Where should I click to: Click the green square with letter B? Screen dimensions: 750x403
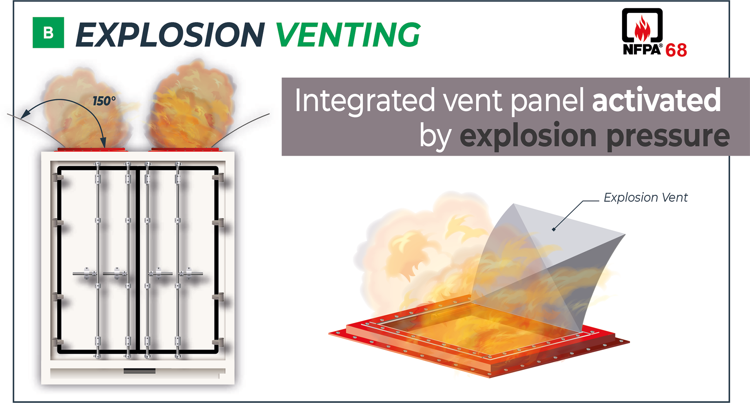pyautogui.click(x=48, y=33)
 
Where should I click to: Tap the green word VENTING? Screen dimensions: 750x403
pyautogui.click(x=348, y=35)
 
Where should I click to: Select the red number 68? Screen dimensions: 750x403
pyautogui.click(x=676, y=50)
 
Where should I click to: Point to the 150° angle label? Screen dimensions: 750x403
pyautogui.click(x=104, y=101)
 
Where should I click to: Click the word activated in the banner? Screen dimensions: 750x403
pyautogui.click(x=656, y=100)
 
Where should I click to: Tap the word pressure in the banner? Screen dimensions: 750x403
pyautogui.click(x=668, y=136)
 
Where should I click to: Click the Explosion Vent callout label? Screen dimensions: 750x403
pyautogui.click(x=645, y=197)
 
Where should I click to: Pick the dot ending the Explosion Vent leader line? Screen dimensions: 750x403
pyautogui.click(x=553, y=229)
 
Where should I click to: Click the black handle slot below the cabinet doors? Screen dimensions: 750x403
pyautogui.click(x=139, y=371)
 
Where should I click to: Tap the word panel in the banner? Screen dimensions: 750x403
pyautogui.click(x=547, y=101)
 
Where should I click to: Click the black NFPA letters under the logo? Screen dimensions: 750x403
pyautogui.click(x=642, y=49)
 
